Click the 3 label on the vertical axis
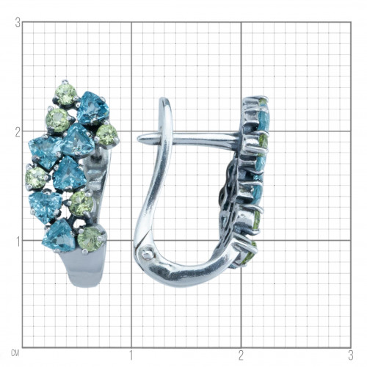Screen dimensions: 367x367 [18, 24]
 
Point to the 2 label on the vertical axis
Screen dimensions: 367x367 [18, 133]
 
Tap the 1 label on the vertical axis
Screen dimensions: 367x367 [18, 242]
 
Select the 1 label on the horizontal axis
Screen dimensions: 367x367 [131, 355]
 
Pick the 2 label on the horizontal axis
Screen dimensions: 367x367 [241, 355]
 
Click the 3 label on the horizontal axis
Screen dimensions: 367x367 [351, 355]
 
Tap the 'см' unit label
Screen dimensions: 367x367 [15, 354]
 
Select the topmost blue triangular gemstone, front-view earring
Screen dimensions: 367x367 [92, 108]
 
